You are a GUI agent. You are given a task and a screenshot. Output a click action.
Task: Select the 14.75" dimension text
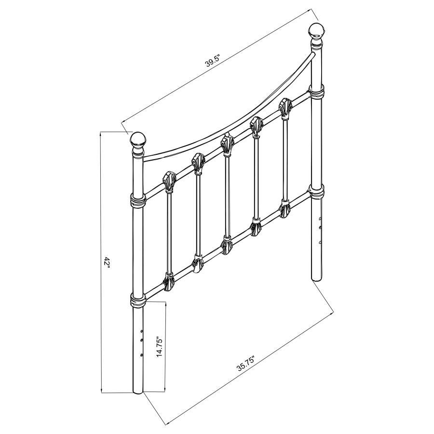[x=161, y=346]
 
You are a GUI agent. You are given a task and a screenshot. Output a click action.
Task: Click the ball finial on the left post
[x=138, y=140]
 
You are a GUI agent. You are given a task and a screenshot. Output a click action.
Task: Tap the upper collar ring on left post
[x=138, y=200]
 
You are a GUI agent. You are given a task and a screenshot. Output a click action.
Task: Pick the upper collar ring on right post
[x=317, y=93]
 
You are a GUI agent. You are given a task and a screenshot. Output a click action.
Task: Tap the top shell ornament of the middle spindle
[x=227, y=143]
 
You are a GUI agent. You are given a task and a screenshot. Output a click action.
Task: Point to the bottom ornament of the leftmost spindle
[x=169, y=282]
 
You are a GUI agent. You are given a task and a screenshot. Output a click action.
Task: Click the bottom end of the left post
[x=138, y=391]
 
